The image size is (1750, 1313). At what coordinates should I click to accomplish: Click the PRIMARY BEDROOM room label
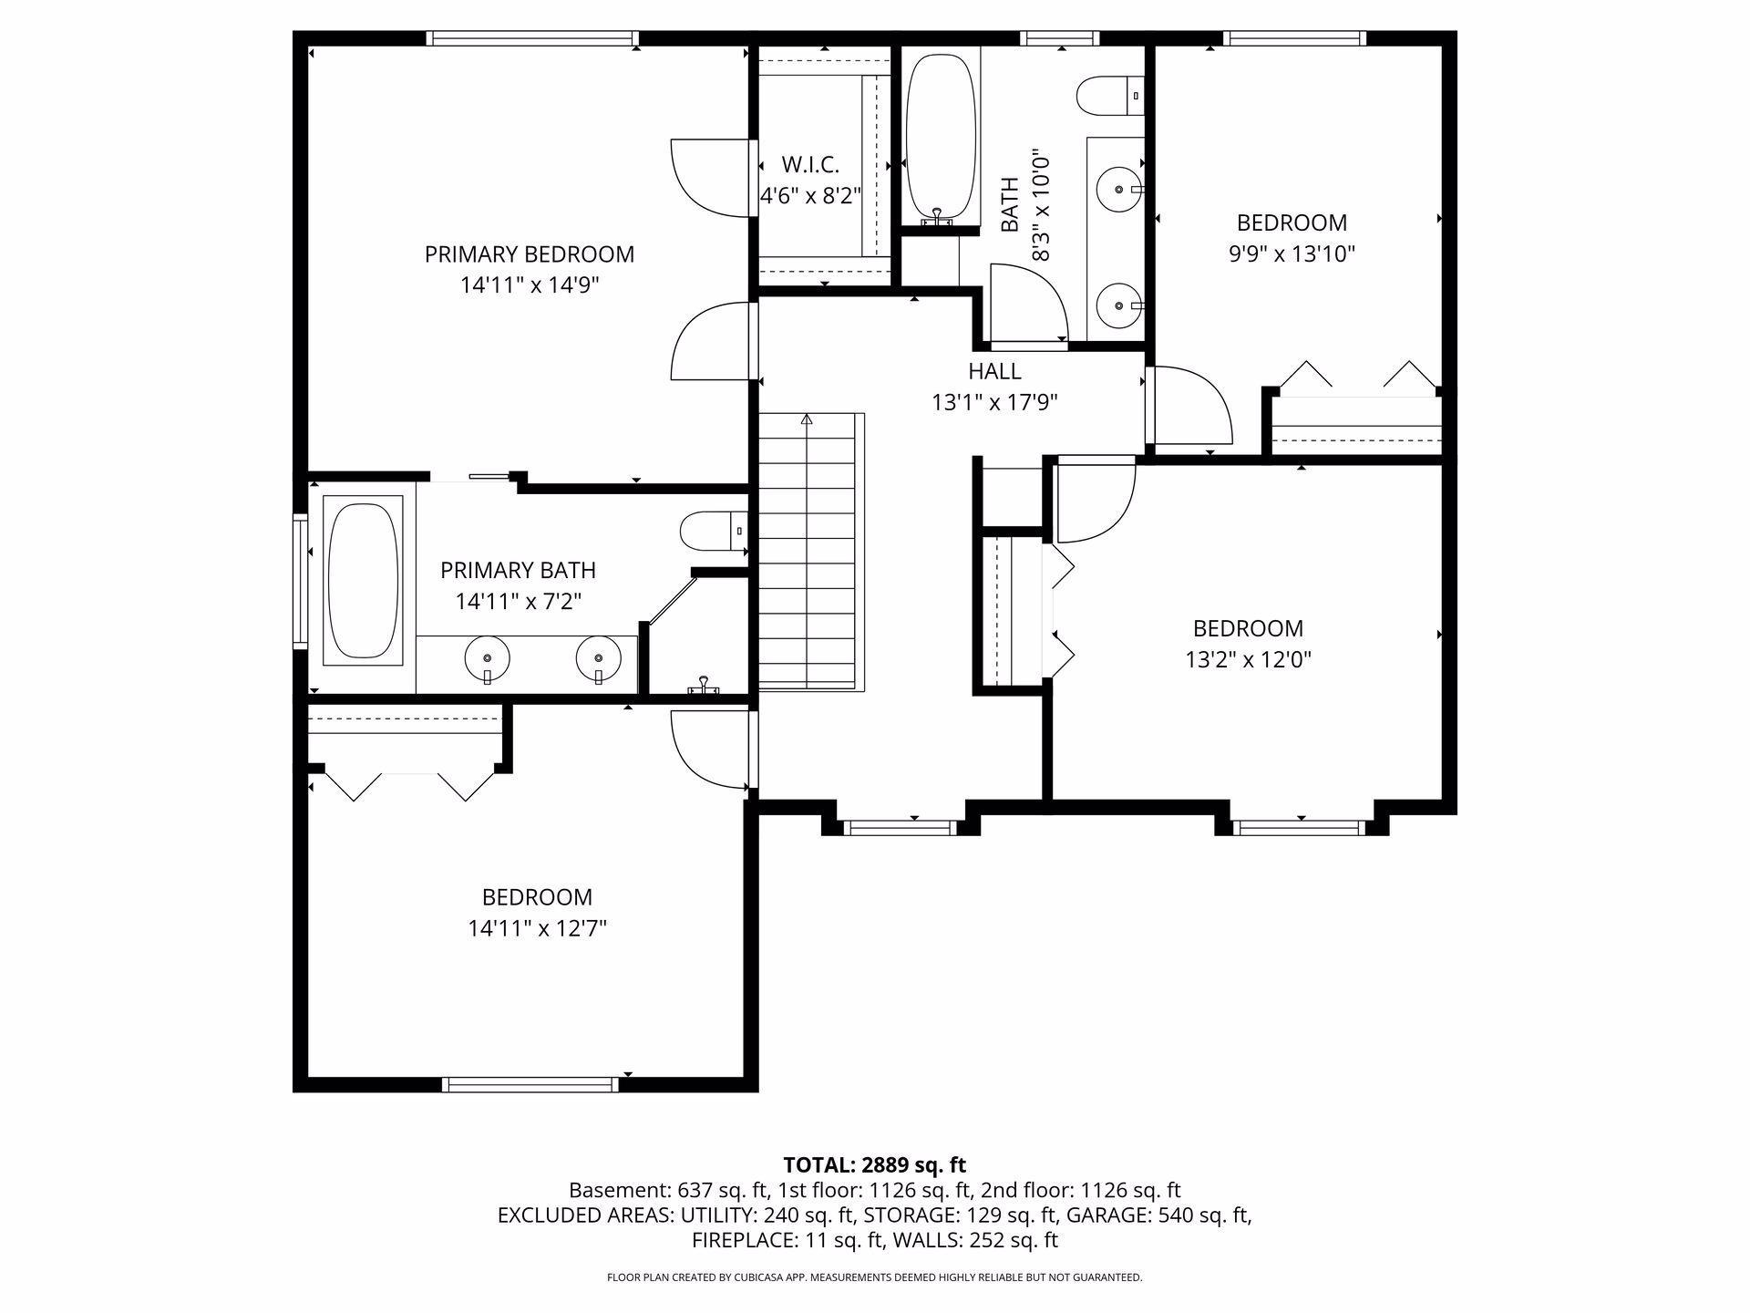pos(530,254)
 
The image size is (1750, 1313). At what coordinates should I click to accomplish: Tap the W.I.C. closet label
pos(810,165)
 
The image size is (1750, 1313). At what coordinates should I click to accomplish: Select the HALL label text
pos(994,371)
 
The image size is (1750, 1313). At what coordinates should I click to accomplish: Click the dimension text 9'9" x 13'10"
pos(1292,253)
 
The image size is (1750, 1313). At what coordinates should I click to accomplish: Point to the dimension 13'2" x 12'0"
pos(1248,659)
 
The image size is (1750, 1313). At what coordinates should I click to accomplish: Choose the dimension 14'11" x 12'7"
pos(537,928)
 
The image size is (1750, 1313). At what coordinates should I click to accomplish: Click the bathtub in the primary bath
pos(363,581)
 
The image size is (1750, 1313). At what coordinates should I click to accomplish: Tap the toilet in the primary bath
pos(714,531)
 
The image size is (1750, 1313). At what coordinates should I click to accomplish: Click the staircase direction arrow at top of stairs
pos(807,419)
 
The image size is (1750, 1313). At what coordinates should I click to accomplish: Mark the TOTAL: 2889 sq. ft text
pos(875,1164)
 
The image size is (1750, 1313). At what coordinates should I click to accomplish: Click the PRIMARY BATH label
pos(518,571)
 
